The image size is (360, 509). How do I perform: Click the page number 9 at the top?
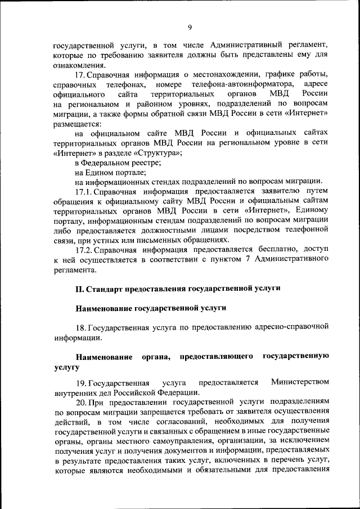[x=190, y=27]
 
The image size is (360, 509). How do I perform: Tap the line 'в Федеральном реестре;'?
[x=118, y=162]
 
